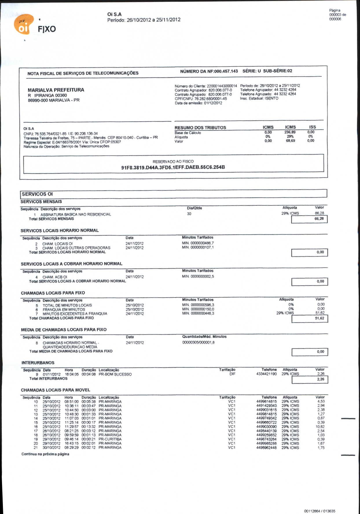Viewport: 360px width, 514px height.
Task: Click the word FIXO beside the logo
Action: click(x=47, y=29)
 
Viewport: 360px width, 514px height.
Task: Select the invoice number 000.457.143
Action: click(x=226, y=71)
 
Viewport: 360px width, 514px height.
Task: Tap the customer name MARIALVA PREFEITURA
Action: click(x=56, y=90)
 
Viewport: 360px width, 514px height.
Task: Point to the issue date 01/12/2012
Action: click(x=213, y=103)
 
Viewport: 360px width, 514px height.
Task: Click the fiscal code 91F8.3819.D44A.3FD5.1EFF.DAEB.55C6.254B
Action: click(x=173, y=168)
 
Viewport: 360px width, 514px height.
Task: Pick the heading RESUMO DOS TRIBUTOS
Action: click(x=200, y=128)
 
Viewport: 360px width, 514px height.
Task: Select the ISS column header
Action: click(x=312, y=127)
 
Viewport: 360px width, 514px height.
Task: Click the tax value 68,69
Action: click(x=290, y=141)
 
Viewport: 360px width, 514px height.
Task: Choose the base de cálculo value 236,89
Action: click(x=290, y=132)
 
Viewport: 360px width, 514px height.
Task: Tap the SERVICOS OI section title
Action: click(x=37, y=194)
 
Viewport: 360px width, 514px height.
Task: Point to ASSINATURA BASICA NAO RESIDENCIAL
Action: click(x=76, y=214)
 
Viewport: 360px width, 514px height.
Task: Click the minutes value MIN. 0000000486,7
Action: click(x=198, y=243)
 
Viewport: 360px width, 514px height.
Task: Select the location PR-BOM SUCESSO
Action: click(x=115, y=375)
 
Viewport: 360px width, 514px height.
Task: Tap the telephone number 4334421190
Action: click(x=267, y=374)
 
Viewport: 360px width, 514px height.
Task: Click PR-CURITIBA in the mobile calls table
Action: click(x=110, y=439)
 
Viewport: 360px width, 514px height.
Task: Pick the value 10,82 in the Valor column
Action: click(x=320, y=427)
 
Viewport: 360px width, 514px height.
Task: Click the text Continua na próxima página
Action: click(x=45, y=454)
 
